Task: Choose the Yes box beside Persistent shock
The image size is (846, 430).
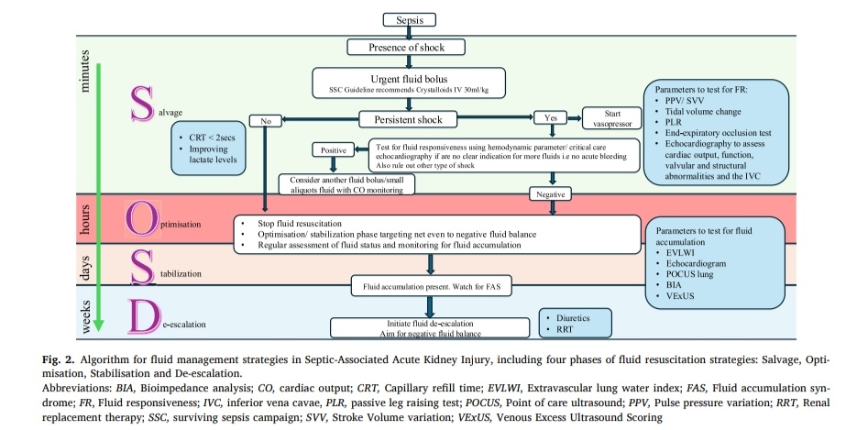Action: (551, 118)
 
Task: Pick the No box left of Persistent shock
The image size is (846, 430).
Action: (267, 119)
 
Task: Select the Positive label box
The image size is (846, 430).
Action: (331, 149)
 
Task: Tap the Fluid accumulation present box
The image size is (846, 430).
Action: (430, 286)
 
